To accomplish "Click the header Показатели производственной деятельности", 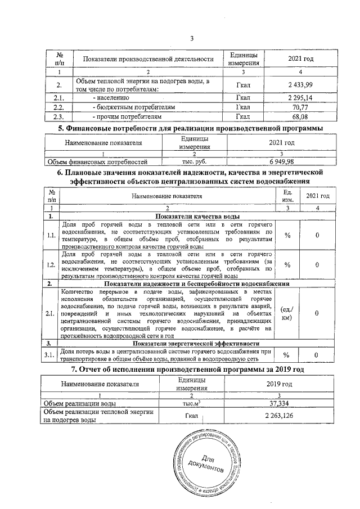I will (x=148, y=59).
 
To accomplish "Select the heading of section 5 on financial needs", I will (x=191, y=128).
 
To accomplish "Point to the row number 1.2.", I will (x=51, y=264).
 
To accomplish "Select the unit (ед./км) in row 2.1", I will (x=287, y=313).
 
